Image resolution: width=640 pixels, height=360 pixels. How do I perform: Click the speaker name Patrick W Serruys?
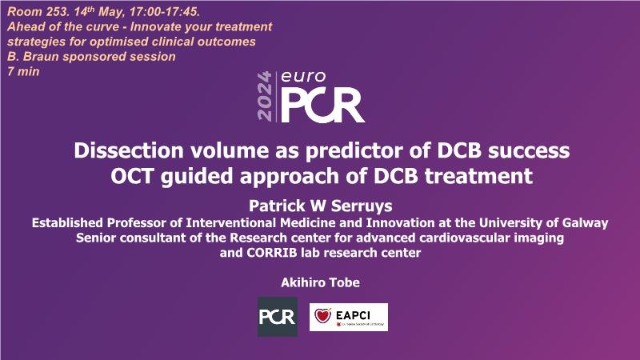(x=321, y=206)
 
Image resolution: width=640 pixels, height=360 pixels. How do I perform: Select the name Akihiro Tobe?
(x=321, y=282)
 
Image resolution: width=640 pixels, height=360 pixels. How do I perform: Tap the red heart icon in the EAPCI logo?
(x=323, y=315)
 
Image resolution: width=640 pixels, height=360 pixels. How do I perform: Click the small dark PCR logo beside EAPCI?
(x=278, y=317)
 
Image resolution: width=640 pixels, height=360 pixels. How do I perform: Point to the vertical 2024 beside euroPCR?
(x=265, y=96)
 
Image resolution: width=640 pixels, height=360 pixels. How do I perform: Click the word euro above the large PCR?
(x=303, y=76)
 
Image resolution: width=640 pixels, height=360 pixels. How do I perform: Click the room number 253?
(x=56, y=12)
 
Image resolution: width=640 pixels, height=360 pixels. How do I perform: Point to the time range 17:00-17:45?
(x=164, y=12)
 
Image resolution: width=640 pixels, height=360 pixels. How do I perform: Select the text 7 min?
(x=23, y=71)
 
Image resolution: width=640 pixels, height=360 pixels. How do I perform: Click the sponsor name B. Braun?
(x=34, y=56)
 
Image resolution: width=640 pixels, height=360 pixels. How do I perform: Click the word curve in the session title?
(x=105, y=27)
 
